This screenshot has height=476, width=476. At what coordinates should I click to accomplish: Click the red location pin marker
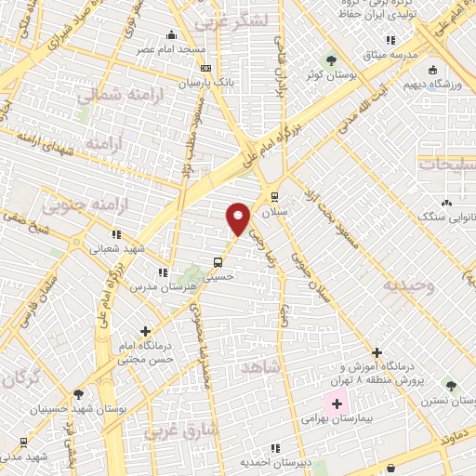pos(239,218)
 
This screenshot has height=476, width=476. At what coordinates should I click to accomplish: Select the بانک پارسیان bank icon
pos(205,68)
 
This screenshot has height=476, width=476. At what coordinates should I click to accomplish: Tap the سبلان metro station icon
pos(273,197)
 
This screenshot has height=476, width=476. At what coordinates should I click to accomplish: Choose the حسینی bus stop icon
pos(218,261)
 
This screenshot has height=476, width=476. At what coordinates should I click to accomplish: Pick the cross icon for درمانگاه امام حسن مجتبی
pos(145,330)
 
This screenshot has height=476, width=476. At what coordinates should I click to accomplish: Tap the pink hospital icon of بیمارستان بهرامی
pos(337,404)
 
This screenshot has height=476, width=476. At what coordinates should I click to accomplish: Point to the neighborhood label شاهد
pos(260,369)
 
